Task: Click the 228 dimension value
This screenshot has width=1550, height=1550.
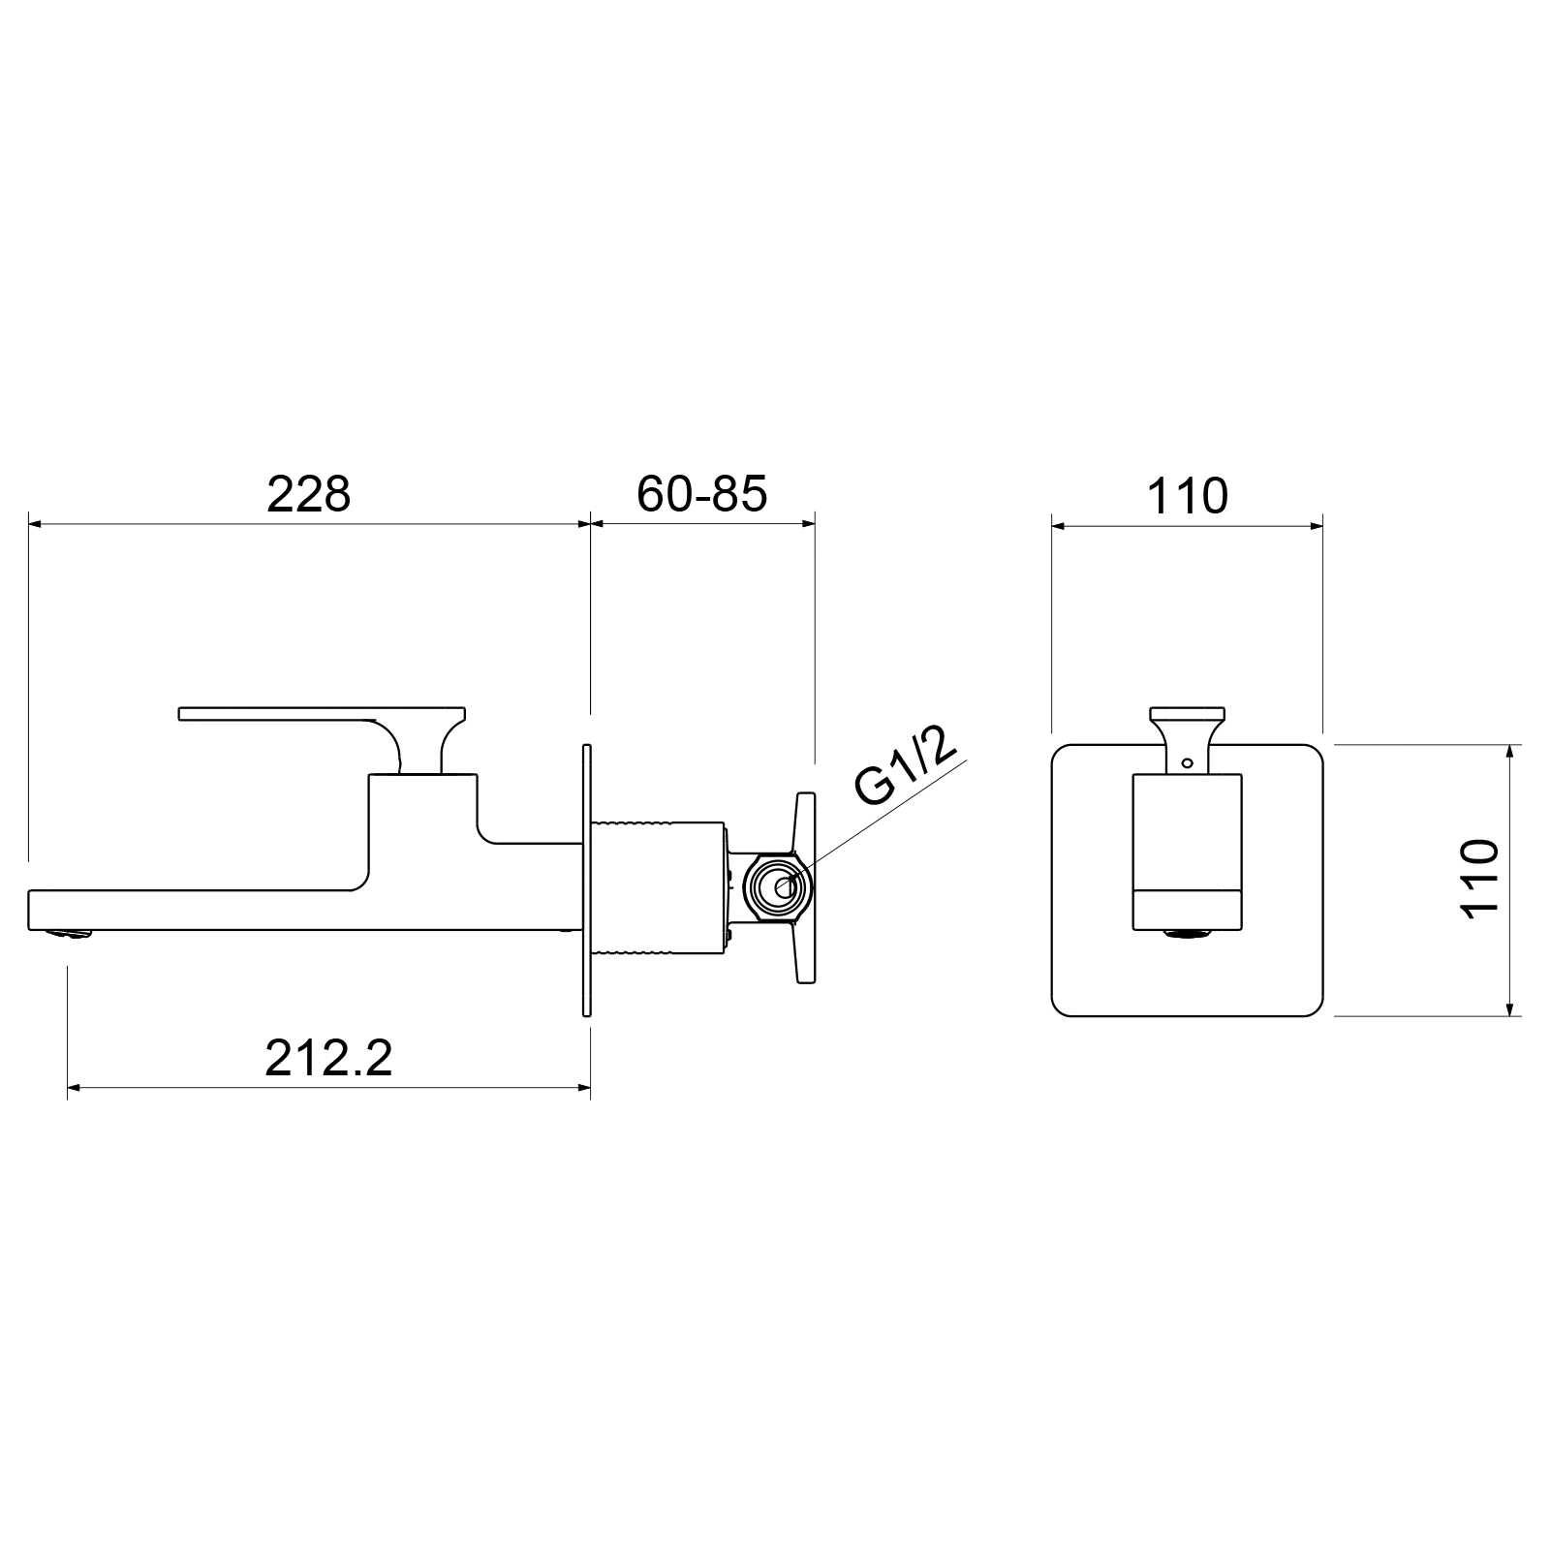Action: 308,494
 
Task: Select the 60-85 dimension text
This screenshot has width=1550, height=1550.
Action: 702,494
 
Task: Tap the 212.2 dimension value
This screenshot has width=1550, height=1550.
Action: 328,1058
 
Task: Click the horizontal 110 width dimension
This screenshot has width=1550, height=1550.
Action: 1187,496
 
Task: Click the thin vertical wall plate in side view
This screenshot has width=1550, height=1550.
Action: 587,880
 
